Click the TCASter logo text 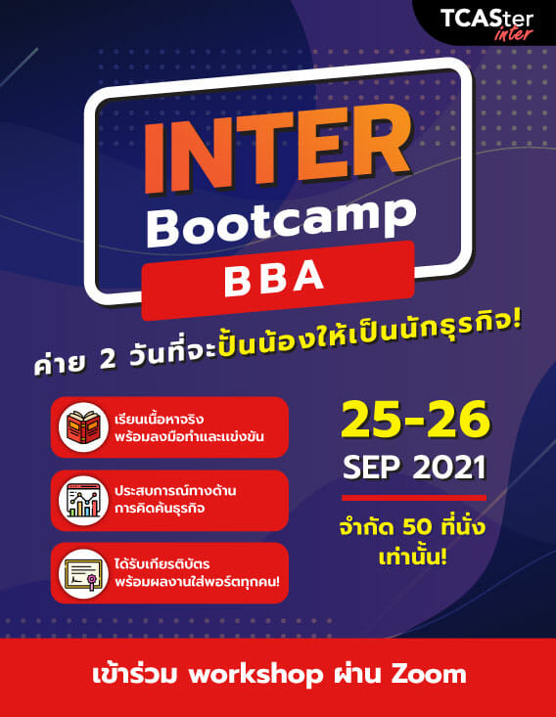[486, 20]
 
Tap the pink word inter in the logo [514, 33]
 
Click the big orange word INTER [277, 148]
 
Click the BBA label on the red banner [274, 278]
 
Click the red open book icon [83, 427]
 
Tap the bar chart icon [83, 500]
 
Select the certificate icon [83, 573]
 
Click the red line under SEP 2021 [414, 498]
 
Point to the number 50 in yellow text [417, 527]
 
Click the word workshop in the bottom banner [255, 675]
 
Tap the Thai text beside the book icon [189, 427]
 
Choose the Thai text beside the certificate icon [197, 573]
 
